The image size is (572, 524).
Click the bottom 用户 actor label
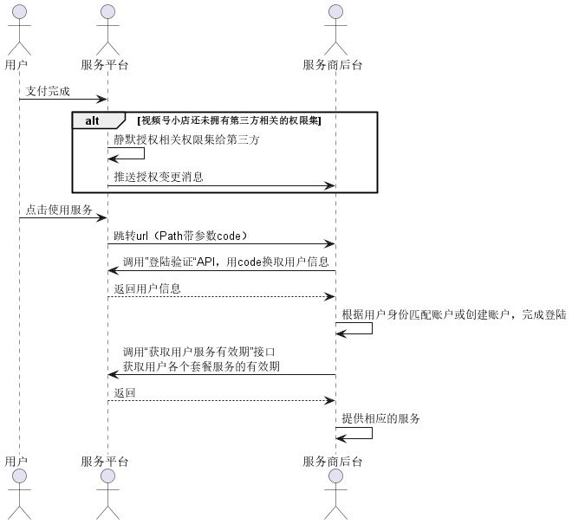[16, 461]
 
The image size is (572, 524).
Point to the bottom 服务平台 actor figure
[107, 495]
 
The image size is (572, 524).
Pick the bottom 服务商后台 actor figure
[335, 495]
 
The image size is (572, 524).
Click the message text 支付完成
[48, 91]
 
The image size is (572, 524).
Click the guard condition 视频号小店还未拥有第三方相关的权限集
[230, 120]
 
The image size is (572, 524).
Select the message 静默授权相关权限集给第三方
[186, 139]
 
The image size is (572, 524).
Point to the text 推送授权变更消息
[159, 177]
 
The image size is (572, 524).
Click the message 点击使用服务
[60, 210]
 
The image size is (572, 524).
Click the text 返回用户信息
[147, 288]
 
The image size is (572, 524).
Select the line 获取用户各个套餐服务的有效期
[201, 367]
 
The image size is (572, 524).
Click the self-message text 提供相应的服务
[380, 419]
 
